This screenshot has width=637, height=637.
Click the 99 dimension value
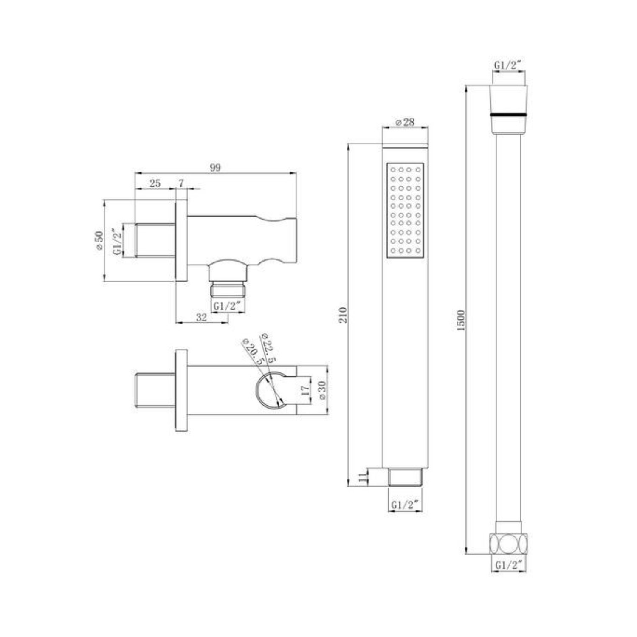coord(215,167)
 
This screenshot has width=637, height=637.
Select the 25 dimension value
coord(155,183)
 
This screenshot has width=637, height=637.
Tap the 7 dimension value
coord(181,183)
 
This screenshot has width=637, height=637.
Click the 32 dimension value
coord(201,317)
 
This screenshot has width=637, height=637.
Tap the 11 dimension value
coord(362,476)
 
